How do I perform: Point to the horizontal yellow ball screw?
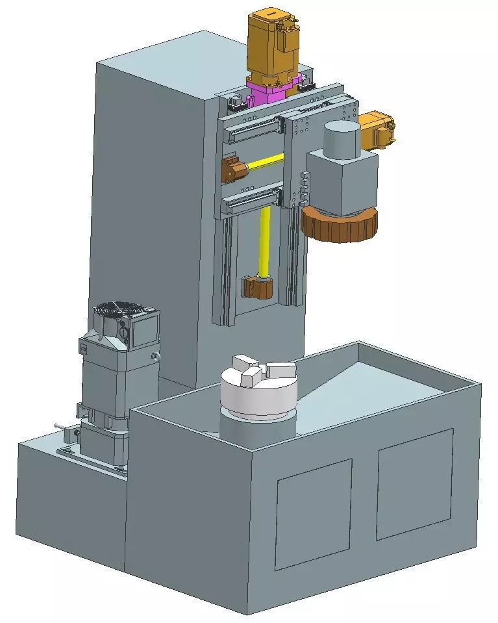(x=263, y=161)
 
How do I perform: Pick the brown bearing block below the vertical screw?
(x=257, y=286)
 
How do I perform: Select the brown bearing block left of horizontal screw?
(x=232, y=170)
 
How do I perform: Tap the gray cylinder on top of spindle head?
(x=341, y=138)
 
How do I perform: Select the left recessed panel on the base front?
(x=314, y=513)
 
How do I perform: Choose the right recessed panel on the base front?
(x=414, y=484)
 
